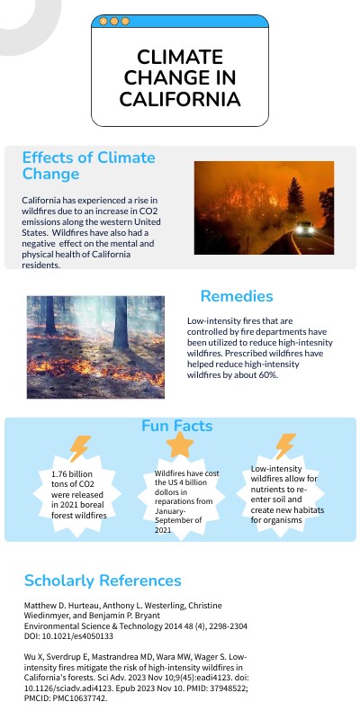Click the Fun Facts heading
(x=179, y=425)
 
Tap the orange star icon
(x=180, y=445)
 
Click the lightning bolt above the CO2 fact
(x=79, y=448)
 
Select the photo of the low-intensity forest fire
(x=82, y=346)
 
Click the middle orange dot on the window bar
(x=114, y=21)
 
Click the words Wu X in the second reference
(x=35, y=658)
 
